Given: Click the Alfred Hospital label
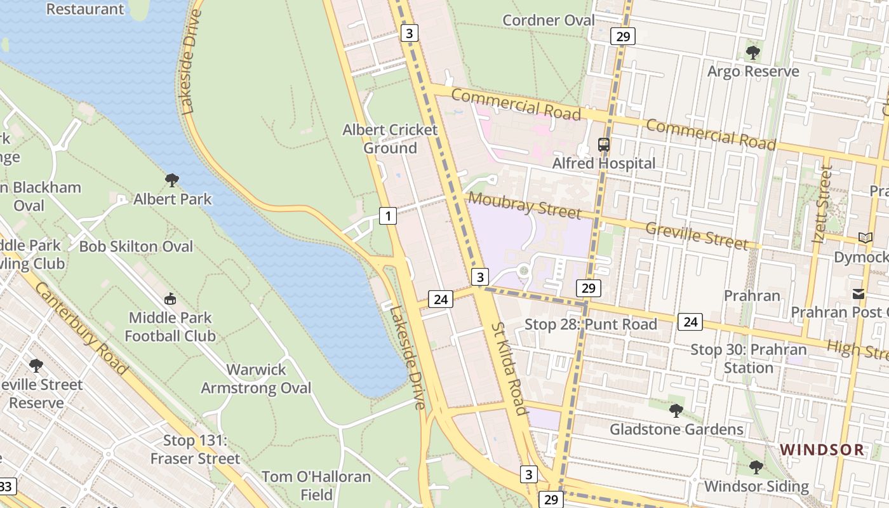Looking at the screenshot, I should [x=603, y=164].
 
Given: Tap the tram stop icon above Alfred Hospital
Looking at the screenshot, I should [x=603, y=145].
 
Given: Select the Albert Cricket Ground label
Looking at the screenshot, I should [x=390, y=139].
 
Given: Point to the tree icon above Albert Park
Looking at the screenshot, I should [x=171, y=180].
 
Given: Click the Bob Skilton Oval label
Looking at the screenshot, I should [x=136, y=246].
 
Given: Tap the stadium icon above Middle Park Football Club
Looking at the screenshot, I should [x=170, y=298].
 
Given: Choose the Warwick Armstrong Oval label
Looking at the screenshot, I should [x=256, y=378].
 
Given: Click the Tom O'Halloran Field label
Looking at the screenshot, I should [x=316, y=485].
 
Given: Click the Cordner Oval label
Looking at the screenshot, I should [x=549, y=20].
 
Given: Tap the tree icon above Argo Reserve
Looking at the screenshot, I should [x=752, y=52].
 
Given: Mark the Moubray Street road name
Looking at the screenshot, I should [x=525, y=205].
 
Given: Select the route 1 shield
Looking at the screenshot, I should [x=387, y=216].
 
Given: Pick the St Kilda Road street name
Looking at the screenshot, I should [x=509, y=368].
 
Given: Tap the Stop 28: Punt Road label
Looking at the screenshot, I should [x=591, y=324].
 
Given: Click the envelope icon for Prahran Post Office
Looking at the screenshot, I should [x=859, y=294].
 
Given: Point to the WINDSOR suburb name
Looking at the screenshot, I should [x=822, y=450].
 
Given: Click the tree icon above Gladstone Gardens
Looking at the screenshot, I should [x=676, y=411].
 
